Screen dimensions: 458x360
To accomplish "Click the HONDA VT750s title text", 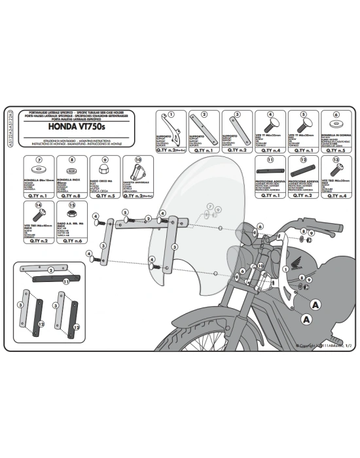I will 62,128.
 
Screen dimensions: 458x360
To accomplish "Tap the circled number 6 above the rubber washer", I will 336,113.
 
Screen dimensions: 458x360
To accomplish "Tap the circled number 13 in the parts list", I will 336,159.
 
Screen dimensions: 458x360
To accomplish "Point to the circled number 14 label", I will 39,205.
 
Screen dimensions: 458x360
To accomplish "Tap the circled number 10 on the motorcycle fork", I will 260,266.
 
